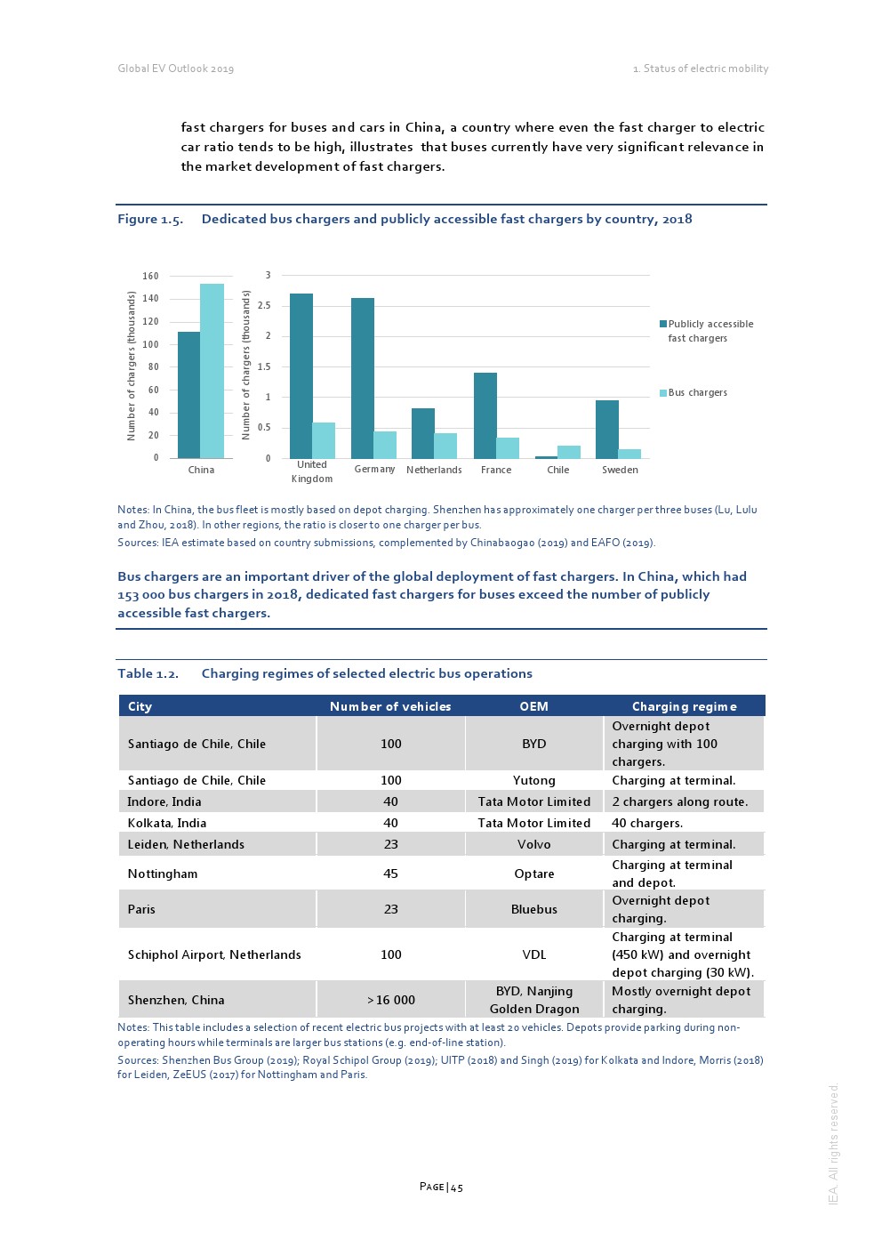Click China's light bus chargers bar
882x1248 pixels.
[212, 371]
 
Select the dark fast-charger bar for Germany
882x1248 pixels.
[363, 378]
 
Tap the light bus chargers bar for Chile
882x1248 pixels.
[568, 452]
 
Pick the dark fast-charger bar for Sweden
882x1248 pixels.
[607, 430]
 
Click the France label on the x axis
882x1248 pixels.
[496, 470]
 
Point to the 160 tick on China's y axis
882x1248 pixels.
[150, 276]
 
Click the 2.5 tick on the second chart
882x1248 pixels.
[264, 305]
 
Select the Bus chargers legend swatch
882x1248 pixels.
[663, 392]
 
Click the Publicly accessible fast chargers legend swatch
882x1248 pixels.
[663, 324]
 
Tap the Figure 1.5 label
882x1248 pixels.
[150, 219]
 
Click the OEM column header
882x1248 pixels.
[533, 706]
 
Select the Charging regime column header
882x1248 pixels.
[684, 706]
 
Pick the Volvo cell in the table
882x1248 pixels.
[533, 844]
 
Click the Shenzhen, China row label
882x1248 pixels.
[176, 1000]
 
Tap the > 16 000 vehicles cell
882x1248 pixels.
[391, 1000]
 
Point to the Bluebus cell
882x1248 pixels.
[533, 909]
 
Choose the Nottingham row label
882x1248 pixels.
[163, 874]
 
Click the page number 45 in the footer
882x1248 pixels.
[442, 1187]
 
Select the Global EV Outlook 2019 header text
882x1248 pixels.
[176, 68]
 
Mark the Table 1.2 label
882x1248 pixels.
[148, 673]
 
